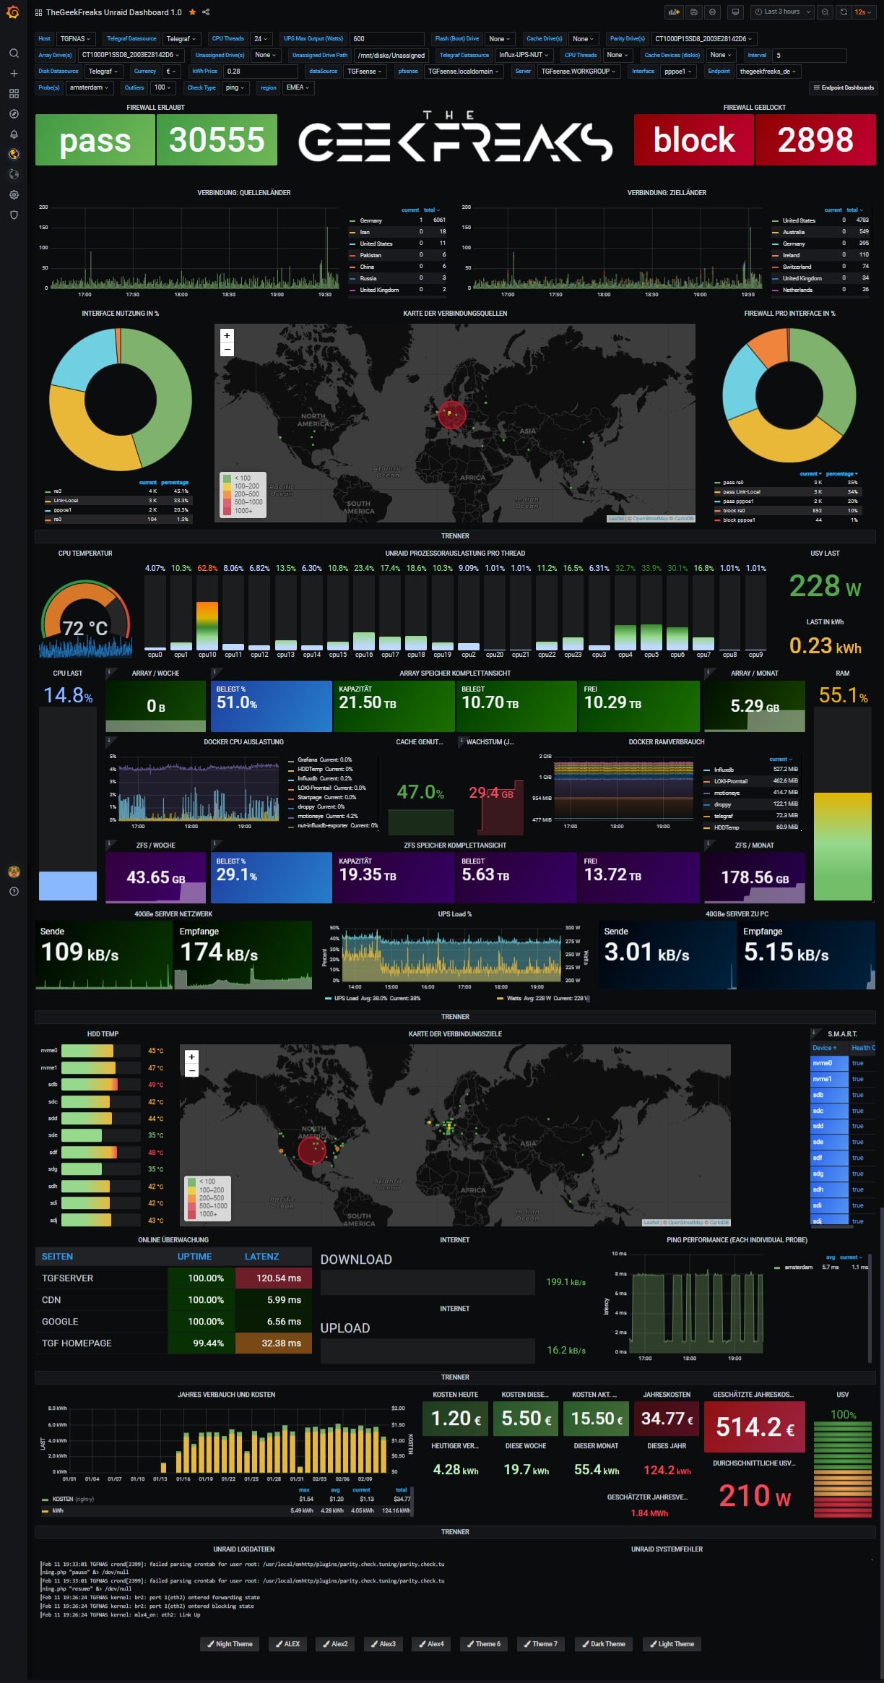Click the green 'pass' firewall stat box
[95, 140]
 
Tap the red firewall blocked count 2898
[815, 140]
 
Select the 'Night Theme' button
[229, 1644]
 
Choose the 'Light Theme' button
[671, 1644]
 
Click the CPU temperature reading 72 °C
[85, 628]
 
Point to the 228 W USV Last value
[824, 586]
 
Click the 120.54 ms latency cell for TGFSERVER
[279, 1278]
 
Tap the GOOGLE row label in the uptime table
[60, 1322]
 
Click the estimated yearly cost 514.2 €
[755, 1426]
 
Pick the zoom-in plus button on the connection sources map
[227, 335]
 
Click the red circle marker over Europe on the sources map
[451, 414]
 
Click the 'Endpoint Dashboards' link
[843, 87]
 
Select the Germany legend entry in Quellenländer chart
[370, 220]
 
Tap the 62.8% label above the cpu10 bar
[207, 568]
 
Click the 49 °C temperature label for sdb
[156, 1085]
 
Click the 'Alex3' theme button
[383, 1644]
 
